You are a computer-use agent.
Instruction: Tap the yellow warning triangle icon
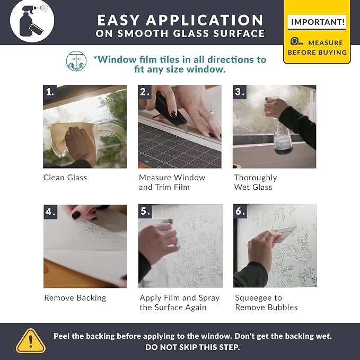[x=31, y=341]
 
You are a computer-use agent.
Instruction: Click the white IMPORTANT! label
[x=317, y=22]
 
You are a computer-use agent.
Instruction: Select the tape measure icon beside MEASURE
[x=296, y=42]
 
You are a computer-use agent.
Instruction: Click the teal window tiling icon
[x=76, y=61]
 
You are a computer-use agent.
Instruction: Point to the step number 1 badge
[x=50, y=92]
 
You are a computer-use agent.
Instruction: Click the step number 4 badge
[x=50, y=212]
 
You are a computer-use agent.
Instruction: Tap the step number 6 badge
[x=240, y=211]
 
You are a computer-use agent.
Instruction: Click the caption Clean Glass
[x=65, y=178]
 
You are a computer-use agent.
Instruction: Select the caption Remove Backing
[x=75, y=298]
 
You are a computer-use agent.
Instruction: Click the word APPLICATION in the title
[x=205, y=20]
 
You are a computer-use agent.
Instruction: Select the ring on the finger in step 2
[x=212, y=112]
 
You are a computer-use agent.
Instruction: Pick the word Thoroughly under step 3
[x=256, y=178]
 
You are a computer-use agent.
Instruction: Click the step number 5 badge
[x=145, y=211]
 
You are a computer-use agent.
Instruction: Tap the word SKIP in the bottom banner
[x=187, y=347]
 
